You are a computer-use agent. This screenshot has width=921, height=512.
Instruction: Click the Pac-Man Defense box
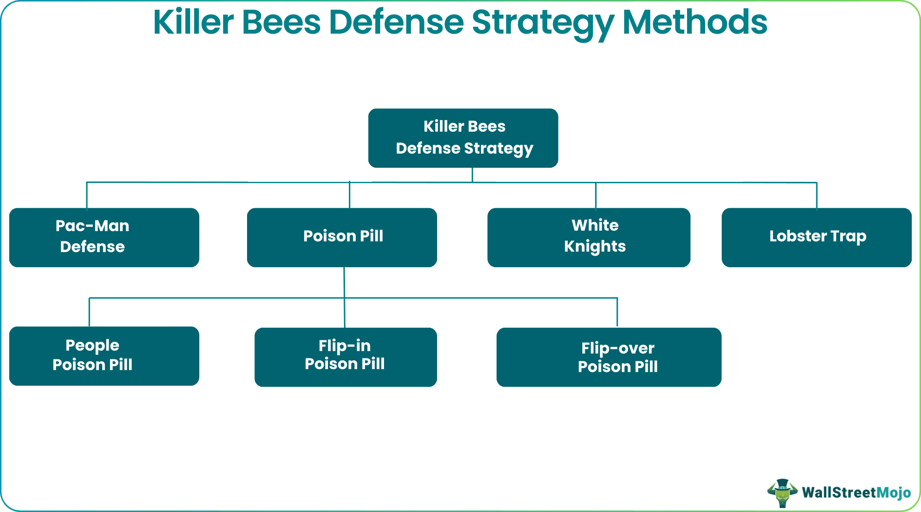(x=104, y=237)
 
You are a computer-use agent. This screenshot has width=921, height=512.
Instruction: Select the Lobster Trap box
(x=816, y=237)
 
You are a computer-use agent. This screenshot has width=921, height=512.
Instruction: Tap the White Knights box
(x=589, y=237)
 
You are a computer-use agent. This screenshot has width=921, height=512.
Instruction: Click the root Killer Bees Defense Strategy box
(x=463, y=138)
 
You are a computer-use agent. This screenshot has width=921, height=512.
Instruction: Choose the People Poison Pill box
(x=104, y=356)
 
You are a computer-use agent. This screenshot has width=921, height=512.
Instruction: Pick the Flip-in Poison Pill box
(x=345, y=357)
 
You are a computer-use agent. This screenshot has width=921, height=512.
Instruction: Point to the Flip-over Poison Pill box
(x=609, y=357)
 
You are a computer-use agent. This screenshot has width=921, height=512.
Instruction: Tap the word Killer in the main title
(x=193, y=22)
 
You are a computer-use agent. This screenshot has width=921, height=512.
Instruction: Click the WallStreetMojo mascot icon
(x=782, y=492)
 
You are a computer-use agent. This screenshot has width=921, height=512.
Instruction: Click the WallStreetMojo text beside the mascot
(x=856, y=492)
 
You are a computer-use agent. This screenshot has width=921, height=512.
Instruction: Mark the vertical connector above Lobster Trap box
(x=817, y=195)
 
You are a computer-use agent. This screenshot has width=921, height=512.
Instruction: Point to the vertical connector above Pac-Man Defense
(x=87, y=195)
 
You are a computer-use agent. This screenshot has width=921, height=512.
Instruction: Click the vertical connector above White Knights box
(x=595, y=195)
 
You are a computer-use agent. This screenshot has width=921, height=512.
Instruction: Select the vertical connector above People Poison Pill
(x=89, y=312)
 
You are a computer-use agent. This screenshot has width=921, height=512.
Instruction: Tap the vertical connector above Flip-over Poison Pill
(x=617, y=312)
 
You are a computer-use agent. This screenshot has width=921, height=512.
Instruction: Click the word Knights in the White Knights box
(x=595, y=247)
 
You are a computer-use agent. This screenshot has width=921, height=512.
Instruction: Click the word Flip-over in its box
(x=617, y=348)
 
